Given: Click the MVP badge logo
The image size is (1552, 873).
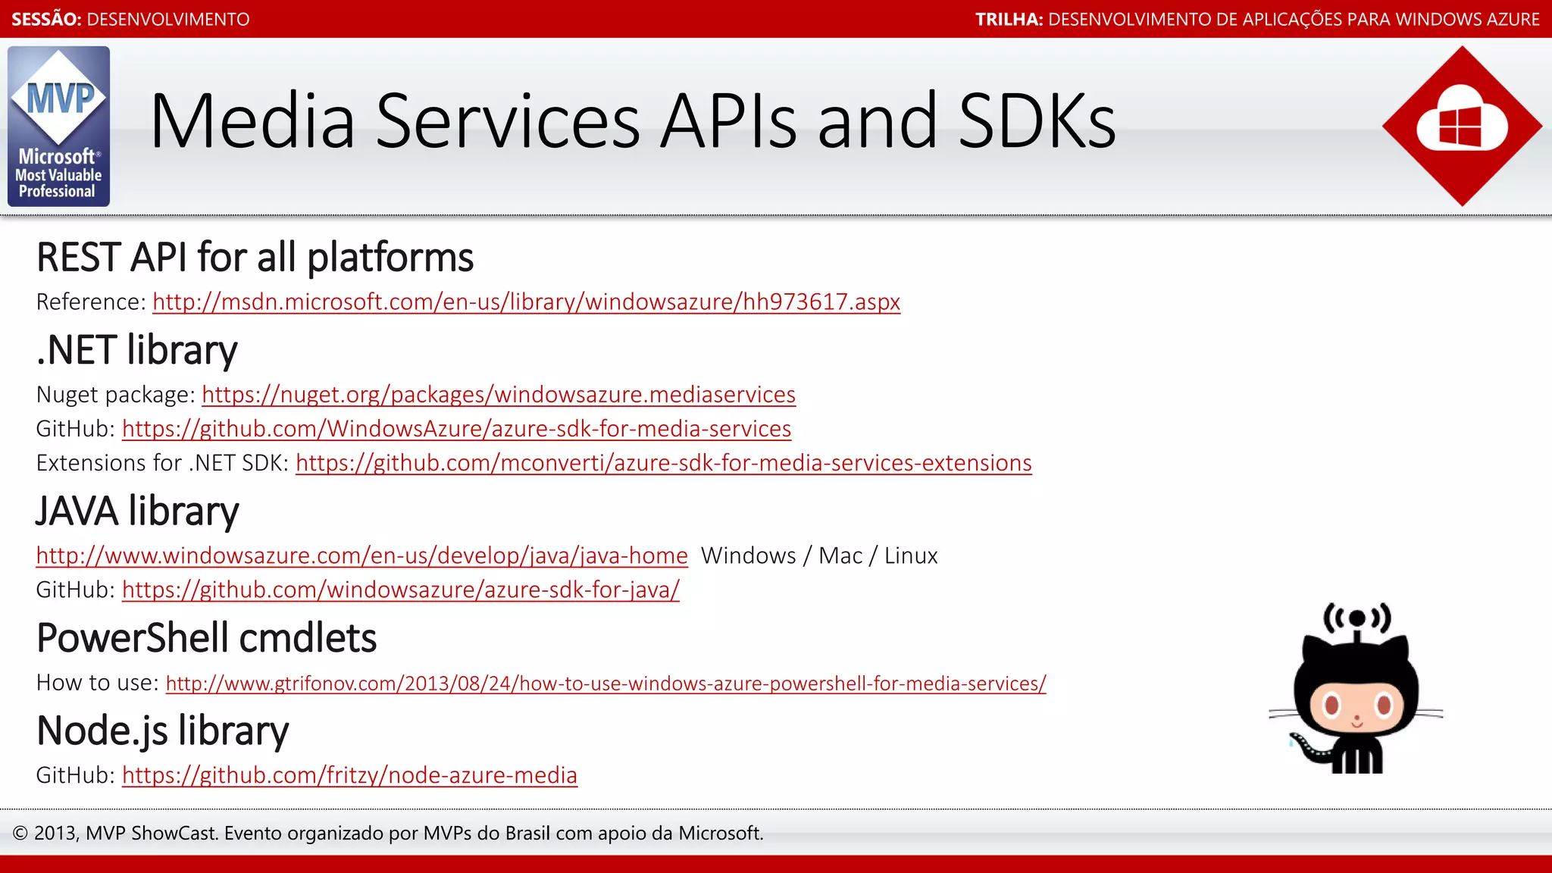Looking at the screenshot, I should (58, 126).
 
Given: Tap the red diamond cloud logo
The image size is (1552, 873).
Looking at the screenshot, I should (1462, 126).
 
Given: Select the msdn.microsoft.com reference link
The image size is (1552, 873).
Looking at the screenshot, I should (526, 302).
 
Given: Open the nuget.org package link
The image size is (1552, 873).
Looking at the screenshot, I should (499, 395).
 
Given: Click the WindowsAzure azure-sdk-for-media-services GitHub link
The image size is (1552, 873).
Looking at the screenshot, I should (456, 429).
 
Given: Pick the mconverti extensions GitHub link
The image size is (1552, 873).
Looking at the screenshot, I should (663, 463).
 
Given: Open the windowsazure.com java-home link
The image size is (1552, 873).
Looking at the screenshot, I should (361, 555).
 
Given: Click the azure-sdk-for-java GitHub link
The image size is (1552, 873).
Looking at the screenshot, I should (400, 590).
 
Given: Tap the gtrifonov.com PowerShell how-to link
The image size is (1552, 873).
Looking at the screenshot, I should (605, 684).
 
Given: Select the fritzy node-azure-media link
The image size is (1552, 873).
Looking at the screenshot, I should (349, 775).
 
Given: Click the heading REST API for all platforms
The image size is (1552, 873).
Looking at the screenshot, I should (255, 258).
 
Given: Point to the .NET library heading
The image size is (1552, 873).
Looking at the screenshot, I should (137, 350).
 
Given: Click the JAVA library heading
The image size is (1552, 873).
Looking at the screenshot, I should (137, 511).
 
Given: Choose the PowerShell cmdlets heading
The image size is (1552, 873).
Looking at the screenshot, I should (206, 638).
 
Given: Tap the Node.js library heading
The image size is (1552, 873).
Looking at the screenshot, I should (162, 731).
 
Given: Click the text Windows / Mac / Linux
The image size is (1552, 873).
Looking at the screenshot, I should (819, 555).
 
